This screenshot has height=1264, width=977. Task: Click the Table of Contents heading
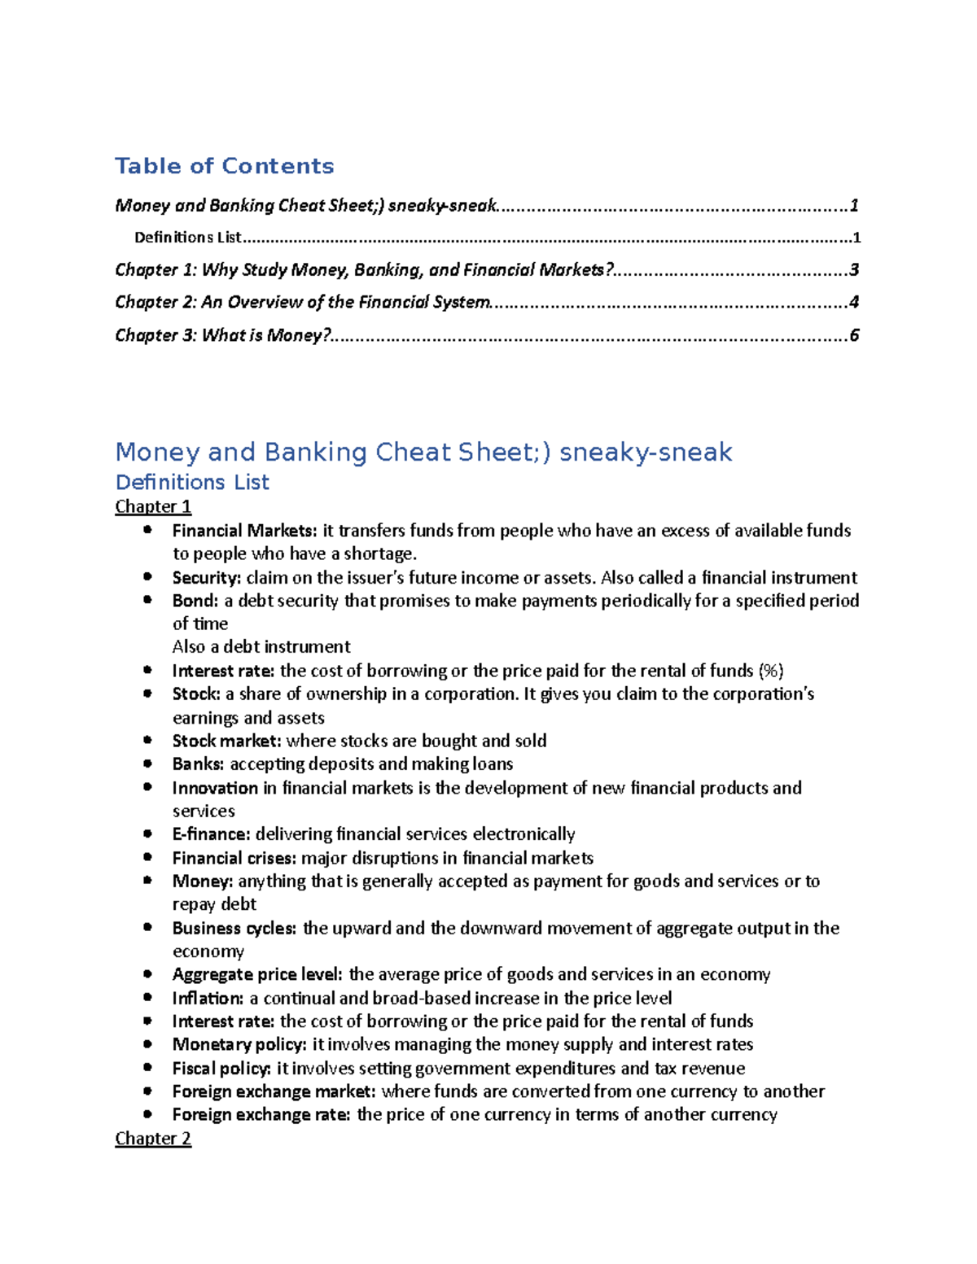point(224,166)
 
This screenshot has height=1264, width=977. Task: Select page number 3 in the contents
point(853,269)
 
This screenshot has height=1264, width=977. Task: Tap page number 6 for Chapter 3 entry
point(853,335)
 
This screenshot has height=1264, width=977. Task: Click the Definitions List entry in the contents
point(188,238)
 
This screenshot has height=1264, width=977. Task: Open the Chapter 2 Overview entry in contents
point(303,302)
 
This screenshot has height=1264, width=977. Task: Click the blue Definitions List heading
point(192,482)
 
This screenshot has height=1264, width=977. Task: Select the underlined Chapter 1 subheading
point(153,506)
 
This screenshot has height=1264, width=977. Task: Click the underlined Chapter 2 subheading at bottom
point(153,1138)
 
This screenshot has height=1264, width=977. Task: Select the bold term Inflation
point(208,998)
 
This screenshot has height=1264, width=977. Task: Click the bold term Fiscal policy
point(221,1068)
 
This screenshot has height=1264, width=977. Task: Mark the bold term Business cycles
point(234,928)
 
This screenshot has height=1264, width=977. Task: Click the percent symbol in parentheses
point(770,671)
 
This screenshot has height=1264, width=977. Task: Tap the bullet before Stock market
point(147,740)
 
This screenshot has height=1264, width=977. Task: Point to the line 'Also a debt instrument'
point(261,646)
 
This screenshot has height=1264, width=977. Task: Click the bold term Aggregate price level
point(257,974)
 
